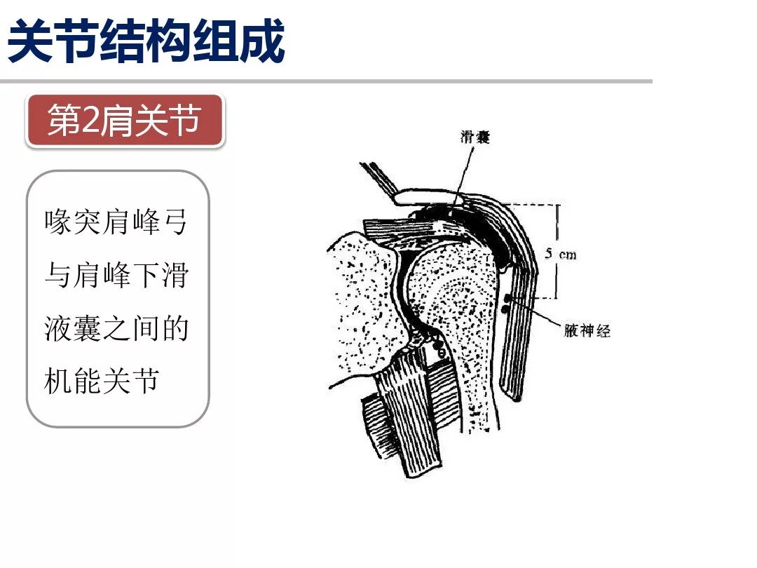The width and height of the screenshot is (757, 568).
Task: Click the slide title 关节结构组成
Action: pos(146,41)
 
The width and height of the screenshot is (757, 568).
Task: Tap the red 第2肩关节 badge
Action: pos(125,121)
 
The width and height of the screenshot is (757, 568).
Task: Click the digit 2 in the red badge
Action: pos(91,121)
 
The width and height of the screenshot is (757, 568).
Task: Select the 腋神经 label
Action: pos(587,330)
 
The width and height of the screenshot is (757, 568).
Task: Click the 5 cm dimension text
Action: pos(561,254)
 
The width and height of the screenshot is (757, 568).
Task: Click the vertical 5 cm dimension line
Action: pos(557,231)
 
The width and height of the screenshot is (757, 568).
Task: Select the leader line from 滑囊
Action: pos(465,172)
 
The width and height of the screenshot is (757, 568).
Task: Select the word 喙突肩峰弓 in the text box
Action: pos(116,223)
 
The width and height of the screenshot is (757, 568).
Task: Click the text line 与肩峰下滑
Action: pos(116,275)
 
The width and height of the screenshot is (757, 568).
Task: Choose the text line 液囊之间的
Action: pos(116,327)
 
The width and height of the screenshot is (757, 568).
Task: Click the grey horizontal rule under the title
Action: pos(326,81)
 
